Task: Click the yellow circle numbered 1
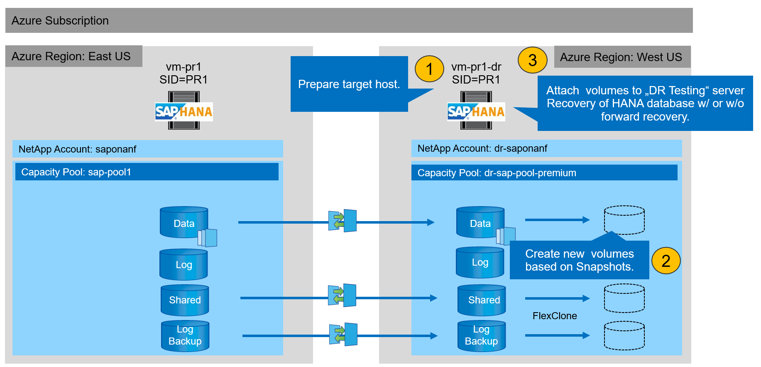pyautogui.click(x=429, y=69)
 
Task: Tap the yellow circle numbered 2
pyautogui.click(x=666, y=261)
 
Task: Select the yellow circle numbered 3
pyautogui.click(x=532, y=60)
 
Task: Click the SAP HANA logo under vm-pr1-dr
pyautogui.click(x=476, y=111)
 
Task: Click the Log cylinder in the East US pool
pyautogui.click(x=184, y=264)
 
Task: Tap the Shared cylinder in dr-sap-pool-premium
pyautogui.click(x=482, y=300)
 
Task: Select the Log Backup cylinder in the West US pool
pyautogui.click(x=482, y=335)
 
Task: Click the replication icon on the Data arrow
pyautogui.click(x=343, y=221)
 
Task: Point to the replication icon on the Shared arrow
pyautogui.click(x=342, y=296)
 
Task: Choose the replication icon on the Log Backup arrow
pyautogui.click(x=343, y=335)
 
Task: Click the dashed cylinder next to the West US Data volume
pyautogui.click(x=624, y=220)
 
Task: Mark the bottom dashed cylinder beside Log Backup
pyautogui.click(x=624, y=335)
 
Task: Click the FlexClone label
pyautogui.click(x=555, y=316)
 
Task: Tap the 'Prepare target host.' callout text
pyautogui.click(x=349, y=84)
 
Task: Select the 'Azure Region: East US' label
pyautogui.click(x=71, y=57)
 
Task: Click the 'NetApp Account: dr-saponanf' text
pyautogui.click(x=482, y=148)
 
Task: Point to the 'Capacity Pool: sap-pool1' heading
pyautogui.click(x=76, y=172)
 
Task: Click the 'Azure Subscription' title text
pyautogui.click(x=60, y=21)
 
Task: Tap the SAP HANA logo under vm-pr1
pyautogui.click(x=184, y=111)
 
